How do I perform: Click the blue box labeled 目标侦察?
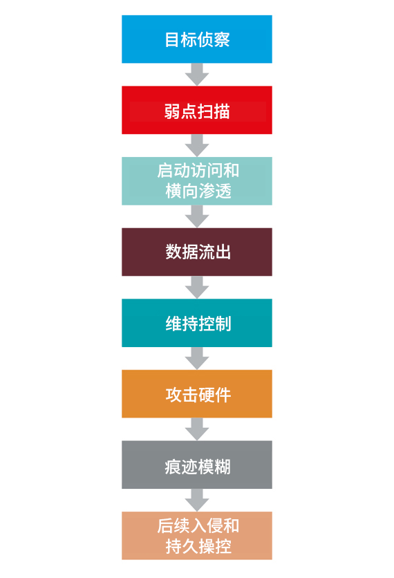[197, 39]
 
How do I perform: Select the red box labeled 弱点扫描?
[197, 110]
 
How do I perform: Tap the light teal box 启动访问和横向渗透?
[197, 181]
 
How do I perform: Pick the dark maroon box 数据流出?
[197, 252]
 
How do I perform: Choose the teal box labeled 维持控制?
[197, 323]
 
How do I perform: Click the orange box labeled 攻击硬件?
[197, 393]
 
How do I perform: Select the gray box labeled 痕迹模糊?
[197, 465]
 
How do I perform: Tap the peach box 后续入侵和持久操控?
[197, 536]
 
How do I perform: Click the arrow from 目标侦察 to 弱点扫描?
[197, 75]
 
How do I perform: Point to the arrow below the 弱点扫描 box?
[197, 146]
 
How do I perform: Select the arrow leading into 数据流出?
[197, 216]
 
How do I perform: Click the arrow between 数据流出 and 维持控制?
[197, 288]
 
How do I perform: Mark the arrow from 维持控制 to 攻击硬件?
[197, 358]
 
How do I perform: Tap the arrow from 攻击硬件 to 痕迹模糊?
[197, 429]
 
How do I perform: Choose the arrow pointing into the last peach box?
[197, 501]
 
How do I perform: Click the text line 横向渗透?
[198, 192]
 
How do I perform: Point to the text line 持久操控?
[198, 546]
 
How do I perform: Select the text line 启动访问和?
[198, 171]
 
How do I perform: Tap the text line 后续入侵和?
[198, 525]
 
